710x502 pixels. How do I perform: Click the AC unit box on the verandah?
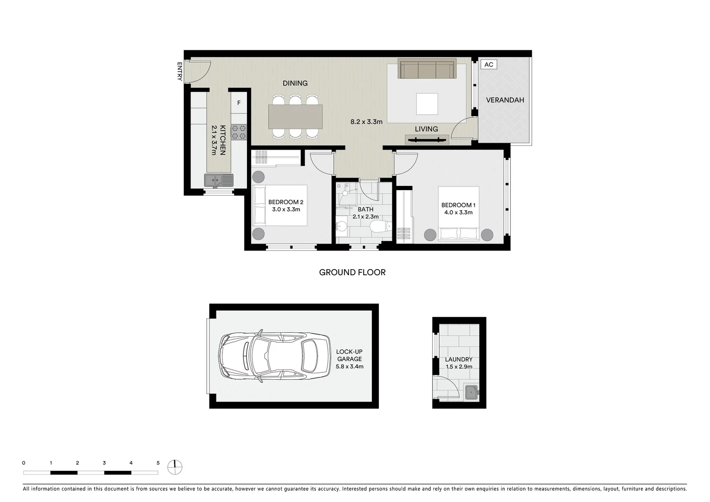click(489, 65)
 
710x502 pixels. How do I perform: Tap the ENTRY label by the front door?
click(179, 71)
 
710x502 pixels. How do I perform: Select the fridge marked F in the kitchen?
click(239, 103)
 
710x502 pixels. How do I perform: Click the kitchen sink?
click(219, 180)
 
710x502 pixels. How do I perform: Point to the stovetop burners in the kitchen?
click(239, 132)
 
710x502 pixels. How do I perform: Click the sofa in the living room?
click(427, 69)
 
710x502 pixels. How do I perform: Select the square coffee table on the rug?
click(427, 104)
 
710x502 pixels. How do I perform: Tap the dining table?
click(295, 117)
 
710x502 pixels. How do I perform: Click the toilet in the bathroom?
click(380, 227)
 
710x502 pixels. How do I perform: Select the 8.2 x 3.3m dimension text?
click(366, 122)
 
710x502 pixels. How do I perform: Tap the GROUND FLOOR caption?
click(352, 272)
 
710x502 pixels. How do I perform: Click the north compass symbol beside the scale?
click(176, 467)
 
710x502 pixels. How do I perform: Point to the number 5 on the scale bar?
click(158, 463)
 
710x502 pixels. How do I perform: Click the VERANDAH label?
click(505, 100)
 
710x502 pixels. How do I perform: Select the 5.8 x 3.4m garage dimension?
click(349, 366)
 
